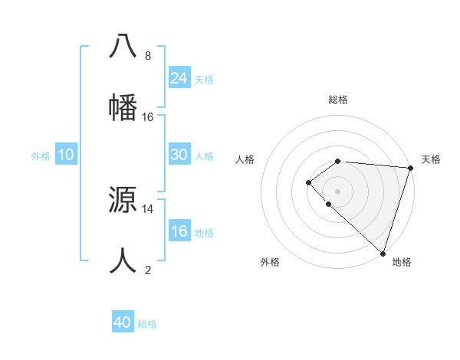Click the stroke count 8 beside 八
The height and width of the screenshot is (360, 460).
[148, 56]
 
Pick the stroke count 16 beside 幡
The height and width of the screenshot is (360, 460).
[148, 117]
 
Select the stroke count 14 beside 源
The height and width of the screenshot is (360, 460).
[148, 208]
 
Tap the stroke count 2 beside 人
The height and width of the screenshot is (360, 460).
[148, 270]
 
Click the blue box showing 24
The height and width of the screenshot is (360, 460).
[179, 77]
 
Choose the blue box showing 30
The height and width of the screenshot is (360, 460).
[179, 155]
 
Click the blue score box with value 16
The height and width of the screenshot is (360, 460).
[179, 231]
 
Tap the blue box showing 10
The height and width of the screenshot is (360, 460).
[66, 155]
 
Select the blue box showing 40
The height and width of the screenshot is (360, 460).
[123, 322]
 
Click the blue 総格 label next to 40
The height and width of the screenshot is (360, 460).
[148, 324]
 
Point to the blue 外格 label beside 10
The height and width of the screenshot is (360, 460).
[41, 156]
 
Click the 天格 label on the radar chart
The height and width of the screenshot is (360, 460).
[432, 159]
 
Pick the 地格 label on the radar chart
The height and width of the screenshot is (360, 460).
[402, 262]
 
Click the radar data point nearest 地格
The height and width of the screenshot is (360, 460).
[383, 253]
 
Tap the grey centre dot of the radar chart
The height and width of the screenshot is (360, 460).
[337, 191]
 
